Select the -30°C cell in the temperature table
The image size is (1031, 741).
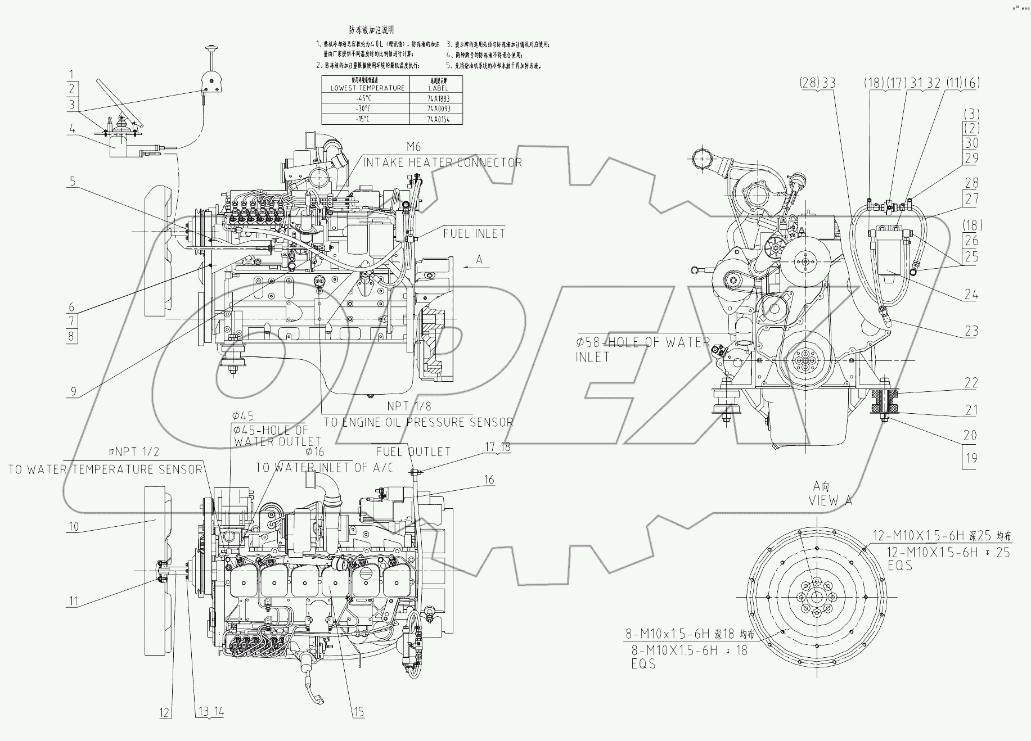tap(366, 109)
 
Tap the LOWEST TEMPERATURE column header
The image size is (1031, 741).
tap(366, 88)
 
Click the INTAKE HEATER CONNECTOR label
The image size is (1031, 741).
tap(443, 162)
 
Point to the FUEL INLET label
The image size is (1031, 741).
tap(474, 233)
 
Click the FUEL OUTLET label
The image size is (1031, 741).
tap(413, 451)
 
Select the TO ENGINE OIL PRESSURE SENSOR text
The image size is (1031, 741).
tap(418, 422)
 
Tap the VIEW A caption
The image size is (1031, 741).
tap(830, 500)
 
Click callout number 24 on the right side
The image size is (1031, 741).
tap(971, 294)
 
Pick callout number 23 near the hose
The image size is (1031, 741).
tap(971, 331)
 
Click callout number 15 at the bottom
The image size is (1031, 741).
tap(358, 712)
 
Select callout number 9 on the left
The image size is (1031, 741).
tap(73, 391)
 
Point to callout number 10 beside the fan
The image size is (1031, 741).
tap(74, 527)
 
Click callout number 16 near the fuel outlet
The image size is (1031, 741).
tap(489, 479)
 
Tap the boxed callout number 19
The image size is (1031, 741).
tap(971, 458)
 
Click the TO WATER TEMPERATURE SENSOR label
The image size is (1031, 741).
tap(105, 469)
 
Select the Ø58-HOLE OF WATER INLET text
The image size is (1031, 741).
tap(642, 349)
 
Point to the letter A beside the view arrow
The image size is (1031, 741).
tap(479, 259)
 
